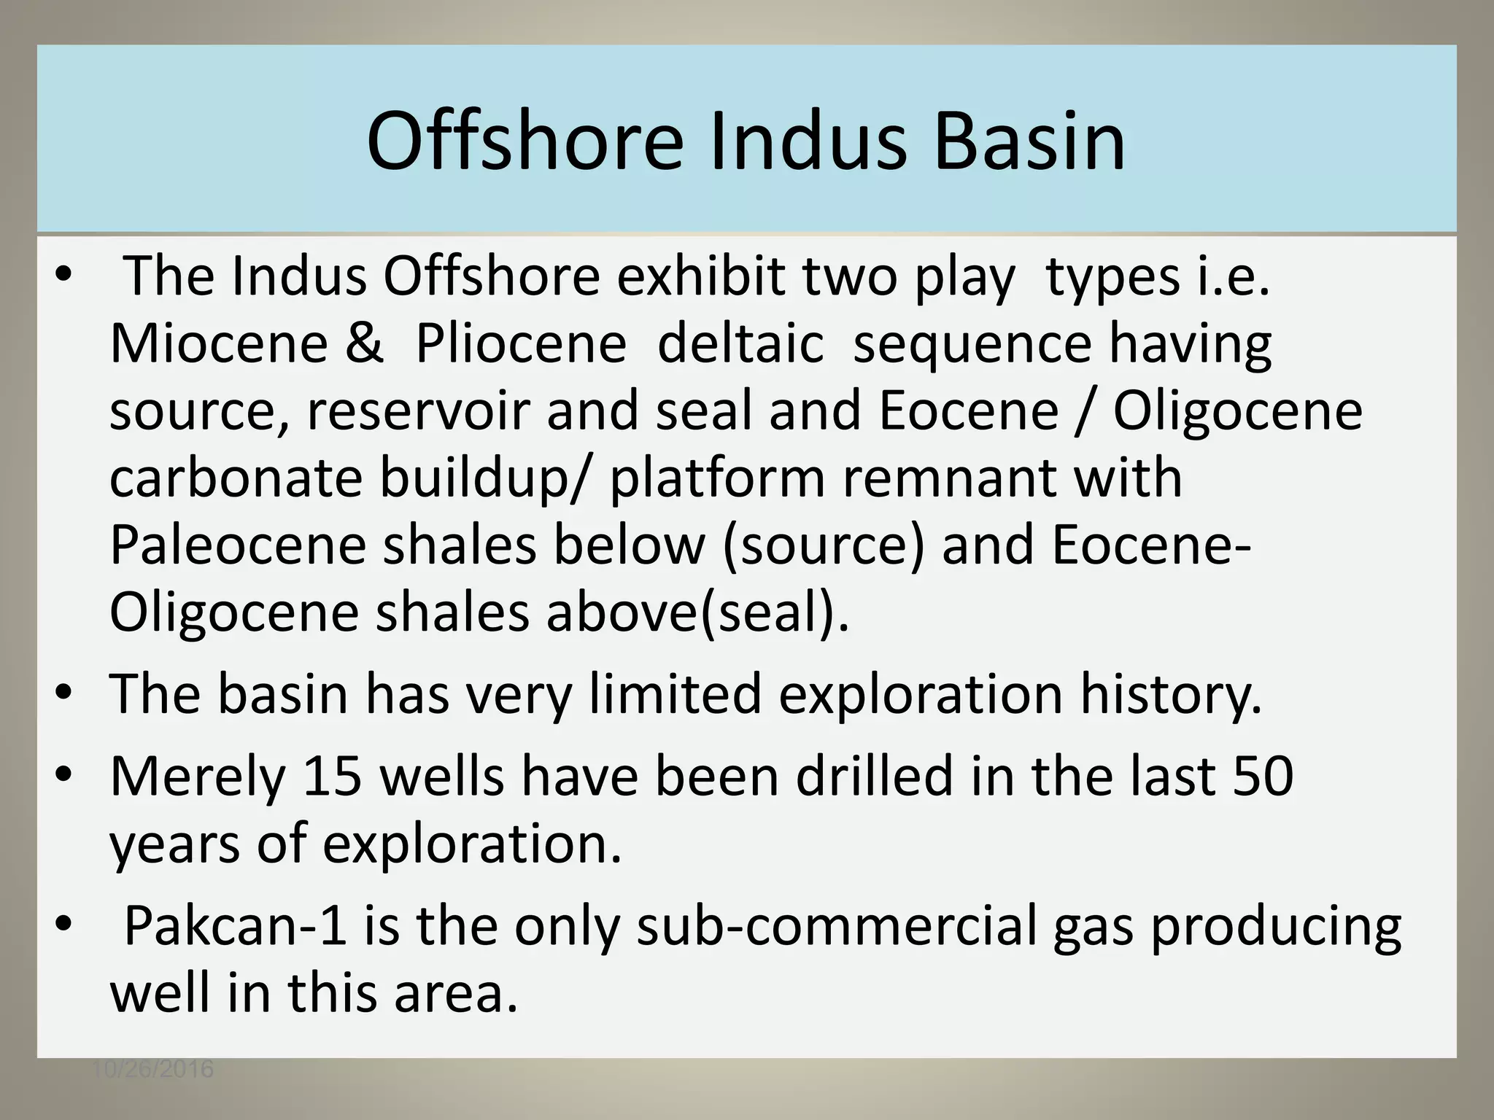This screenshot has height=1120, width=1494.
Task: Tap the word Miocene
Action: [219, 343]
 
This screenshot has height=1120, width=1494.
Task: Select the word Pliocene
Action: [521, 343]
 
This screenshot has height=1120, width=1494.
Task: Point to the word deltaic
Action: [740, 343]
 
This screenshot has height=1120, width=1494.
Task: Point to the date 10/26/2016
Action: [153, 1070]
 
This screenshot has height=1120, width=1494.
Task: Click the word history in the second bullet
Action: [1170, 694]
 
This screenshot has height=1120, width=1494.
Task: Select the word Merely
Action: [197, 777]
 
